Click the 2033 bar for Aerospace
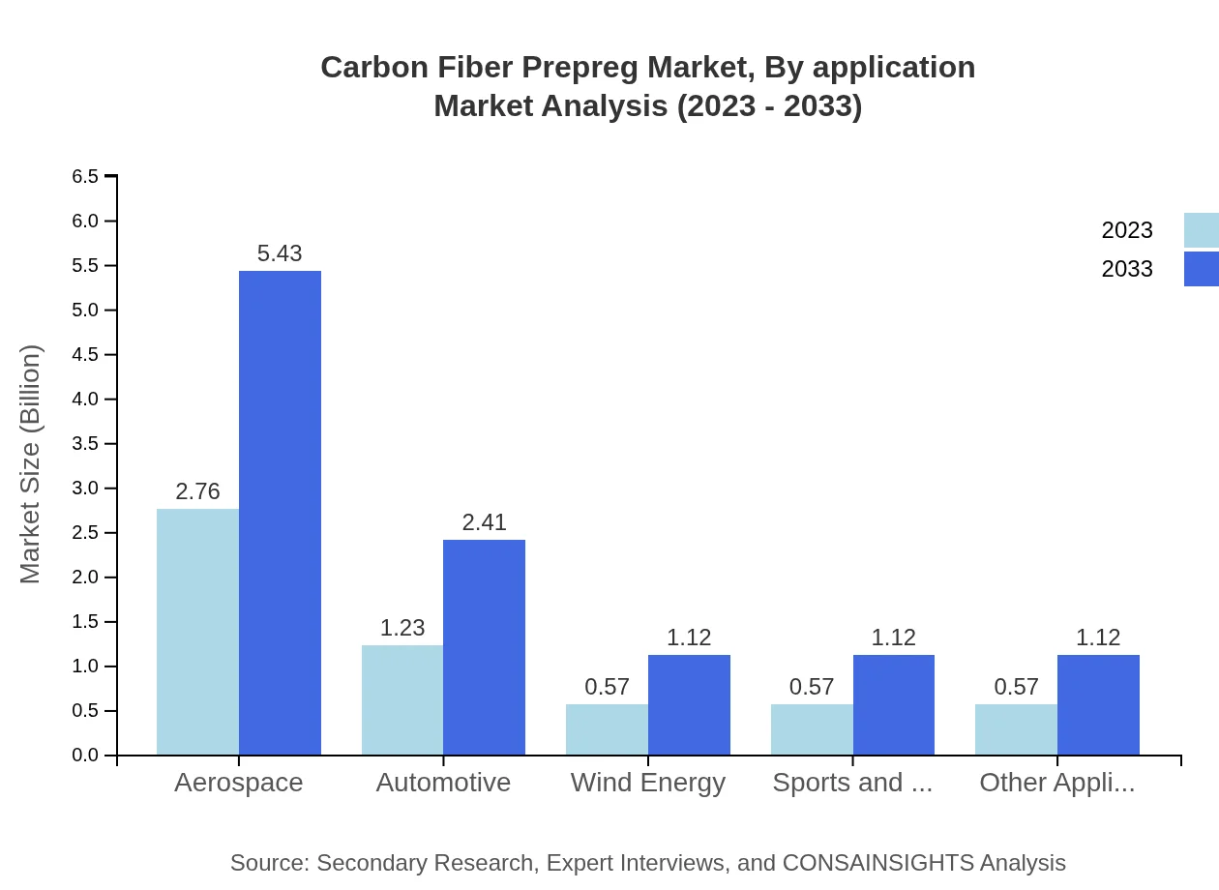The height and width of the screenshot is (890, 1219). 280,513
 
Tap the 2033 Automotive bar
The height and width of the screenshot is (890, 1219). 484,647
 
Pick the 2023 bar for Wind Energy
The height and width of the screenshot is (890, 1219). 607,729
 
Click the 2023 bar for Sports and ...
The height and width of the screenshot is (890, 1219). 812,729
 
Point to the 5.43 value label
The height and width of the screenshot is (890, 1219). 280,253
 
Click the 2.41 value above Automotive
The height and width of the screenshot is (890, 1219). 484,522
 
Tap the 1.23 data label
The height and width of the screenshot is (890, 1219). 402,628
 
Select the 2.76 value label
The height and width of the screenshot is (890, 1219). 197,491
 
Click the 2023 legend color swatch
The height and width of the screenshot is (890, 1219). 1201,230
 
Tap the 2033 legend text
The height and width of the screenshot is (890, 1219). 1127,269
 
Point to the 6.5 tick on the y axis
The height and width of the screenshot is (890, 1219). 85,176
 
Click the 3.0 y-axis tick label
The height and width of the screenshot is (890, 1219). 85,489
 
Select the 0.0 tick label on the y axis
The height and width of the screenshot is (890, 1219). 85,756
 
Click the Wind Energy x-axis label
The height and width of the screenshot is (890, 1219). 648,783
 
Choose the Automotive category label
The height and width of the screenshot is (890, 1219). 443,783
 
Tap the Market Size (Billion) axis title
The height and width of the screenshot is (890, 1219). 31,464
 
